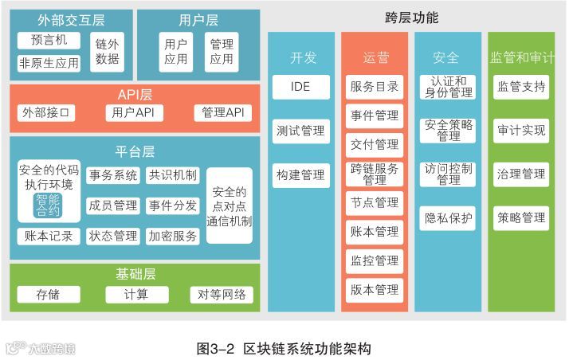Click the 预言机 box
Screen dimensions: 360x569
click(49, 40)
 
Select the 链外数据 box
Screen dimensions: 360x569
click(107, 51)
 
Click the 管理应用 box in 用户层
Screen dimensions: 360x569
click(222, 51)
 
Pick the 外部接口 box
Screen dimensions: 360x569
click(46, 113)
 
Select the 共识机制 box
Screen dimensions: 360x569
click(173, 175)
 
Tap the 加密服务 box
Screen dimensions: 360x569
click(173, 236)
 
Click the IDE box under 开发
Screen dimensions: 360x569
click(300, 87)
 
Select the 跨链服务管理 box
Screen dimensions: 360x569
click(375, 174)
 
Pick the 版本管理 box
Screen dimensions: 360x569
click(375, 289)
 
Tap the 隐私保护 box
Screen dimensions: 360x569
click(448, 217)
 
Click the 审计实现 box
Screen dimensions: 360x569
click(521, 130)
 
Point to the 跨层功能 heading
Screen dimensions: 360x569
click(411, 18)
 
